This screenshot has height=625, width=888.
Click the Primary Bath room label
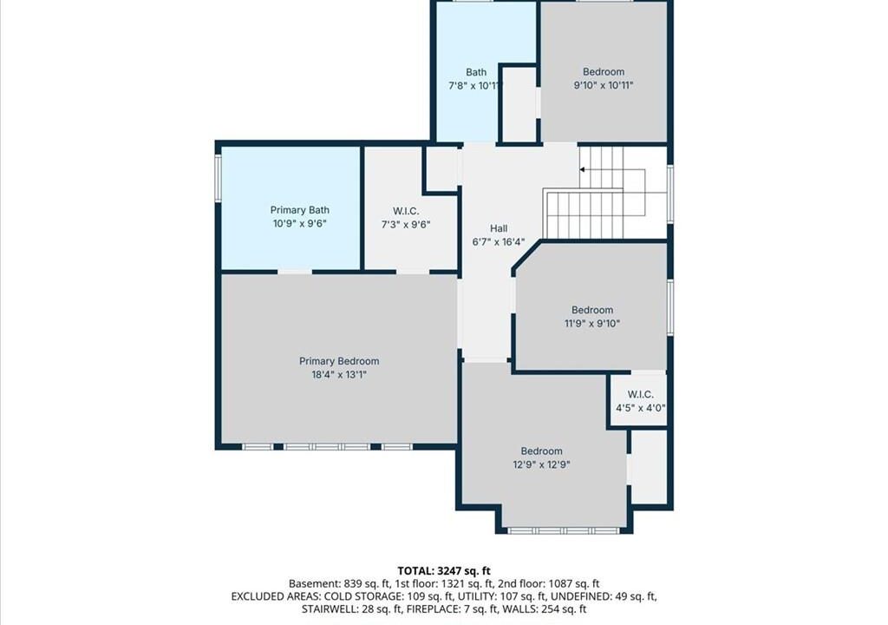(x=299, y=210)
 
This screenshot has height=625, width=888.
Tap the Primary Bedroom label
(x=339, y=361)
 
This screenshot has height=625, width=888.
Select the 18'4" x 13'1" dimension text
(x=339, y=374)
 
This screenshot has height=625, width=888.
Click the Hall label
(x=499, y=228)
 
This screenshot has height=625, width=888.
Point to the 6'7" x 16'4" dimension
(x=499, y=242)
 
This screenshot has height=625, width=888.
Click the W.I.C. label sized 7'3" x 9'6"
(x=406, y=211)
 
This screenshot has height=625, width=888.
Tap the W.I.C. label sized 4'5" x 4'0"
(x=641, y=394)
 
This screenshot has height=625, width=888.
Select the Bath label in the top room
(x=476, y=72)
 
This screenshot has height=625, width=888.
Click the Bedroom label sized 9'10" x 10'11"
(x=604, y=71)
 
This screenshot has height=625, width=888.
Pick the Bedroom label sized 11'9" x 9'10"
(x=592, y=310)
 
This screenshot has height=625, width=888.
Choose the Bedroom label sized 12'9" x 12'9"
(x=542, y=451)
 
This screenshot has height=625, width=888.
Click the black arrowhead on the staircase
(x=582, y=169)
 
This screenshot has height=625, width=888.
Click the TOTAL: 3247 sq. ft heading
(x=444, y=570)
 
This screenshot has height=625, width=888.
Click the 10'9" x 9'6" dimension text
(x=299, y=223)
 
